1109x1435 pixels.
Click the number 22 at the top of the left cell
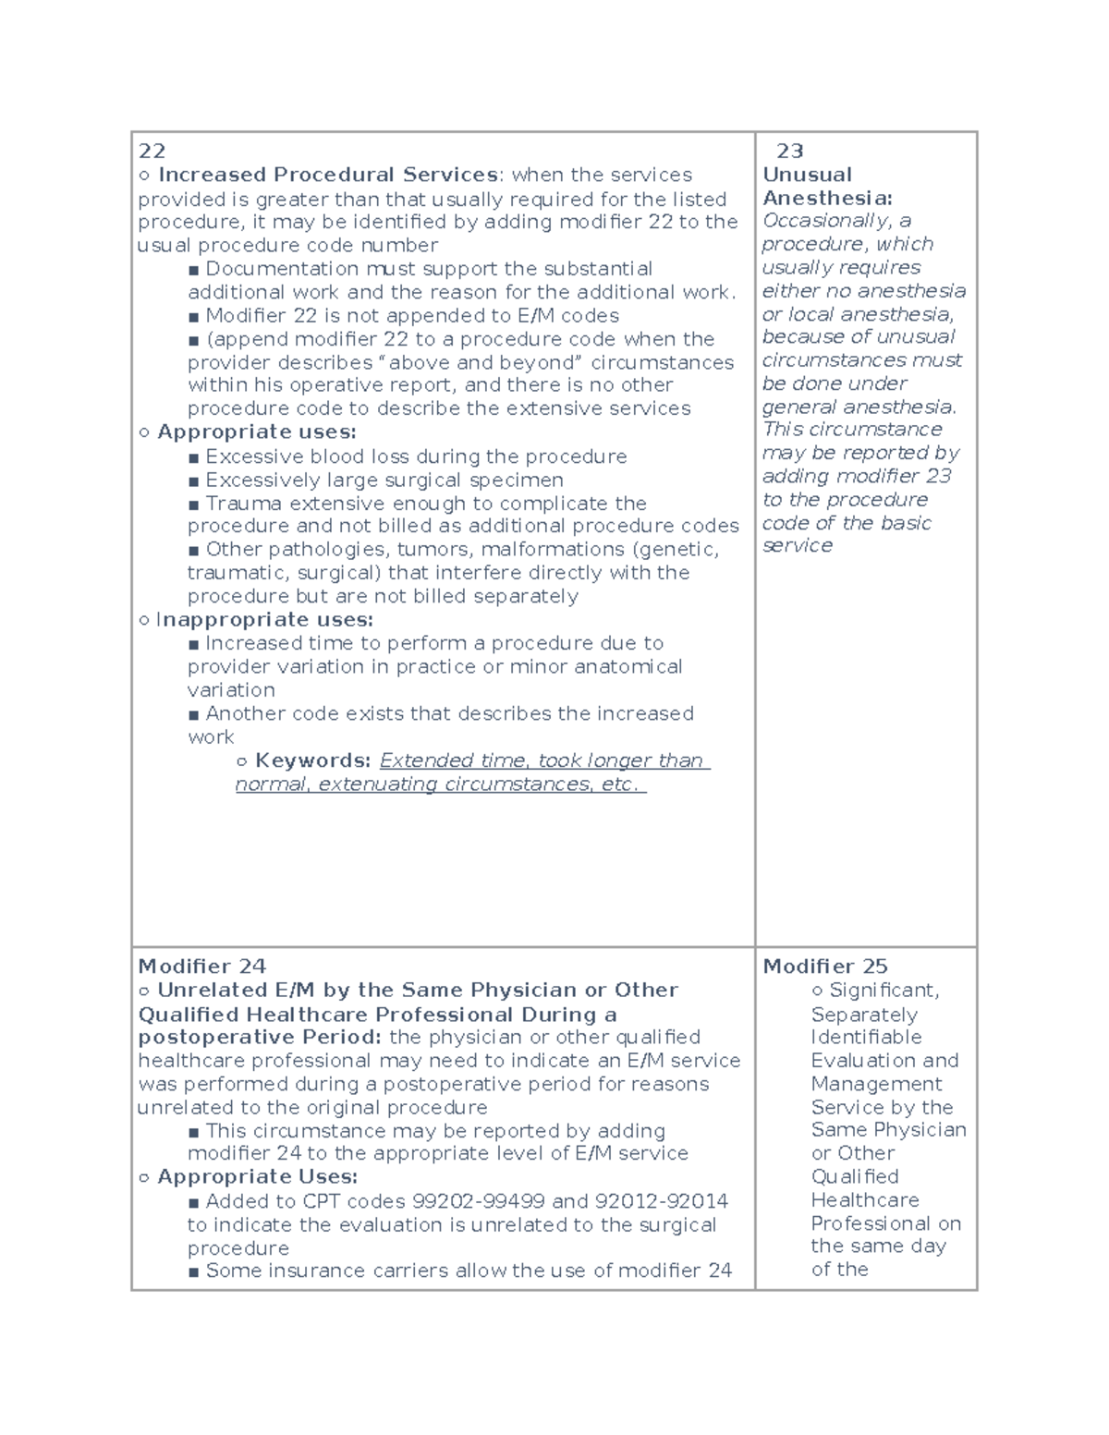(152, 152)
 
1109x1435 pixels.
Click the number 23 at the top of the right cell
(789, 152)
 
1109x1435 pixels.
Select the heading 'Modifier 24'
(201, 967)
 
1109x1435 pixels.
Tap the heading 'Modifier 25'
(824, 967)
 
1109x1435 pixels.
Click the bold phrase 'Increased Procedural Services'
(328, 175)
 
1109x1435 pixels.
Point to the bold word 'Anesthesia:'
(827, 198)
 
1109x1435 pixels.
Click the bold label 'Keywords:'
(312, 760)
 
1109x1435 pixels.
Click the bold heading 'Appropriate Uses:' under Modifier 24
(257, 1177)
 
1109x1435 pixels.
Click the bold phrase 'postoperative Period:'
(262, 1038)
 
